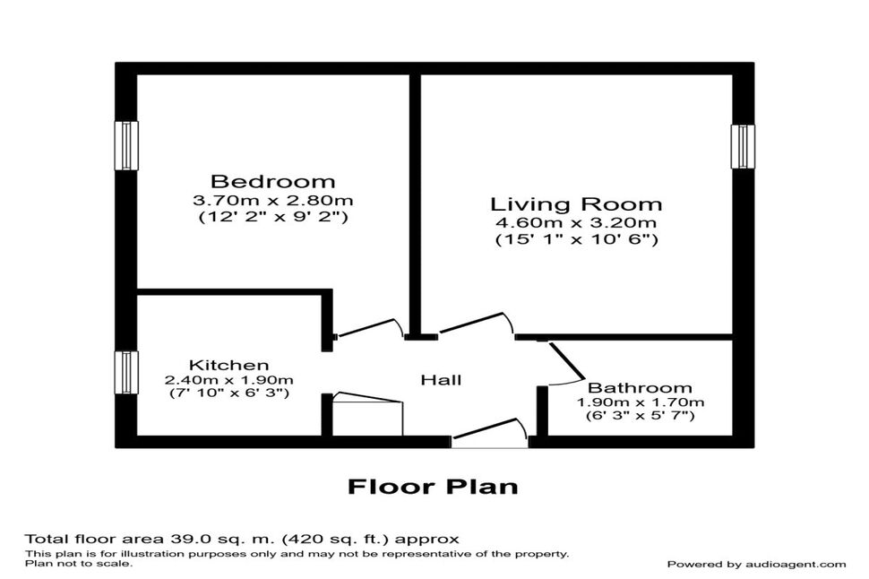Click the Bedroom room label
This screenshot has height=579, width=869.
click(x=272, y=181)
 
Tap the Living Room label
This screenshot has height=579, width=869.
click(x=576, y=204)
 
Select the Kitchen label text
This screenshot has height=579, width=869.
click(x=228, y=365)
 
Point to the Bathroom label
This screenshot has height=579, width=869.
click(x=640, y=388)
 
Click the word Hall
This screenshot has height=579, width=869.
click(x=441, y=380)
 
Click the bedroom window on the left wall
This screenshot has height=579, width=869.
click(x=126, y=145)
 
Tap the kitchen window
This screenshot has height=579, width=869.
click(x=126, y=373)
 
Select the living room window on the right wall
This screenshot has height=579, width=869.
click(x=743, y=146)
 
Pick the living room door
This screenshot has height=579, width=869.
click(x=476, y=324)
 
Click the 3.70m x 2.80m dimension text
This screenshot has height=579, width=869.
click(x=272, y=200)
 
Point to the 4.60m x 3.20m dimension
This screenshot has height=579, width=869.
click(x=576, y=223)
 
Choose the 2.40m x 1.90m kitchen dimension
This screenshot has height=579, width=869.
click(x=228, y=380)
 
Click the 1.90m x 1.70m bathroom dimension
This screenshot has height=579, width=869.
click(x=641, y=402)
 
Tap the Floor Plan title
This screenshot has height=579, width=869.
click(x=434, y=487)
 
